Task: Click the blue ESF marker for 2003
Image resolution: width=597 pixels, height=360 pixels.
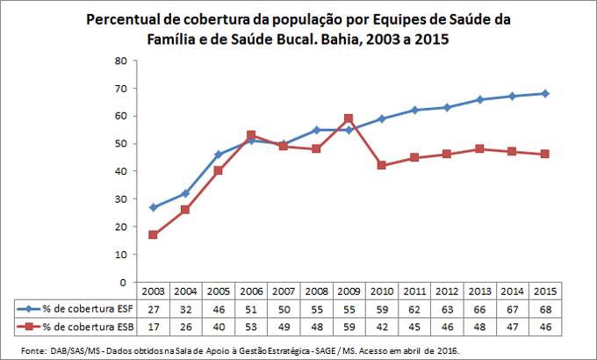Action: tap(153, 208)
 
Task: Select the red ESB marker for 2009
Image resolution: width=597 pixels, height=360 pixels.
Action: tap(349, 119)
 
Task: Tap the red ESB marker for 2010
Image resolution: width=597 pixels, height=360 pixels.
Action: tap(381, 165)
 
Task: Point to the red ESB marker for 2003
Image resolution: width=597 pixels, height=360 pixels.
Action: tap(153, 235)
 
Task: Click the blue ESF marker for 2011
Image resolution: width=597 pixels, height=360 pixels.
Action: tap(414, 110)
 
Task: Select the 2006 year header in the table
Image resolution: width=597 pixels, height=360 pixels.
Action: tap(250, 291)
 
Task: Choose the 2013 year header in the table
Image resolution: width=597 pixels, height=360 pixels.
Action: tap(478, 291)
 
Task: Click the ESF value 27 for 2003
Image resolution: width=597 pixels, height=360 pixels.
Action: tap(153, 308)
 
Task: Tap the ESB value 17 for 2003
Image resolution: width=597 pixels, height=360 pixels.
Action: tap(153, 326)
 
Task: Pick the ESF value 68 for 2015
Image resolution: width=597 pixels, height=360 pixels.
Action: tap(544, 308)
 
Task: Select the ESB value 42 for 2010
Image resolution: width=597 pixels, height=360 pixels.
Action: tap(381, 326)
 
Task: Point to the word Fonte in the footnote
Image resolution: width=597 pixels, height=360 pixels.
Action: tap(31, 349)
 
